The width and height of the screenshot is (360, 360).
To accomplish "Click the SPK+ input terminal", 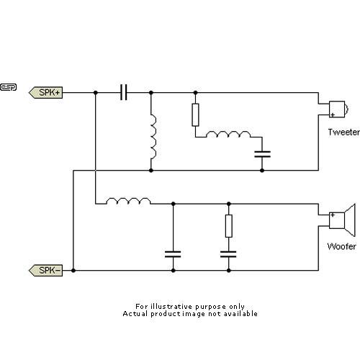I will [47, 93].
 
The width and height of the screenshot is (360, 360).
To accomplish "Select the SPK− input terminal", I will [47, 271].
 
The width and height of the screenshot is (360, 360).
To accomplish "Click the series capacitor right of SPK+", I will [123, 93].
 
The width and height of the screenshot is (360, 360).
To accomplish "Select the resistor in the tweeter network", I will [195, 114].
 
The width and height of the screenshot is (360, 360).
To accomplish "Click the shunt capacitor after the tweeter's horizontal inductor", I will [262, 153].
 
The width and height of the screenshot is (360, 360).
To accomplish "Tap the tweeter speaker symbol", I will [338, 109].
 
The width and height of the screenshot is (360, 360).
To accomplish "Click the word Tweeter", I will [343, 132].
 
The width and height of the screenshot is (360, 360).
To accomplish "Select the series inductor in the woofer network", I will [128, 202].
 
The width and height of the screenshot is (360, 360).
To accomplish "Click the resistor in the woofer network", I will [229, 226].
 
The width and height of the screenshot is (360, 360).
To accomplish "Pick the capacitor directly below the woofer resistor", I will [229, 253].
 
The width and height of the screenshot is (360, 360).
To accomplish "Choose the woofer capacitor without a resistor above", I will [172, 253].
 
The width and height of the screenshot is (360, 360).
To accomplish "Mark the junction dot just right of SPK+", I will [95, 93].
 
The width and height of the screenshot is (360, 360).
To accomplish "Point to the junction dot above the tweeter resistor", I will [195, 93].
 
